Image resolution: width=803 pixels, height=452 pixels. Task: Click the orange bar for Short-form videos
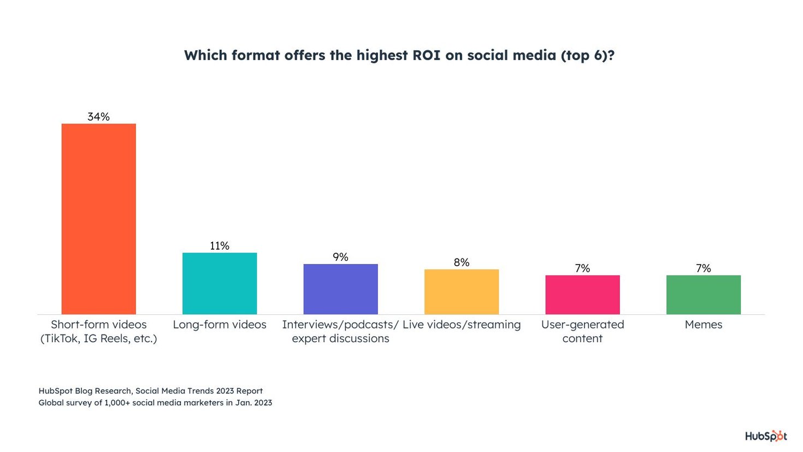coord(98,219)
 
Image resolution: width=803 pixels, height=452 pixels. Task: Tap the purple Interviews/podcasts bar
coord(340,289)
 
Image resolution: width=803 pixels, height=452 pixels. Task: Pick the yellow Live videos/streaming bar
coord(462,292)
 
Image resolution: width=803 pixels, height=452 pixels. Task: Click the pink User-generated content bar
coord(582,295)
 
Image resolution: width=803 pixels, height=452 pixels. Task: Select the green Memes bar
coord(704,295)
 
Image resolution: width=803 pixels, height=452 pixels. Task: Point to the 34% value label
coord(98,116)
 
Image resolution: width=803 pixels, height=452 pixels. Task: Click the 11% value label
coord(220,246)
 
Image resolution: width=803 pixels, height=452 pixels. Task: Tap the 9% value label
coord(340,257)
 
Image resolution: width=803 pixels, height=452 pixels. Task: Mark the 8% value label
coord(462,262)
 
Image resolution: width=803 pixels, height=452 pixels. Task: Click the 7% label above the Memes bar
coord(704,268)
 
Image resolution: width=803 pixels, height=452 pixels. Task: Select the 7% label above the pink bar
coord(582,268)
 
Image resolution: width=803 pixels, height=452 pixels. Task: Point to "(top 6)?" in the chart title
coord(587,56)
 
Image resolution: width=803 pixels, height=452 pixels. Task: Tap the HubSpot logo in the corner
coord(766,436)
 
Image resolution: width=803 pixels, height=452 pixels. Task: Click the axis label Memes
coord(704,325)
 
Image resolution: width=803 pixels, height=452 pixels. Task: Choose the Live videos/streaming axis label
coord(462,325)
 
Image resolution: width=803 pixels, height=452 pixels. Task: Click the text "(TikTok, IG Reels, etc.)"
coord(98,338)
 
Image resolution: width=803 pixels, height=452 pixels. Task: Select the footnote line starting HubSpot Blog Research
coord(151,391)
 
